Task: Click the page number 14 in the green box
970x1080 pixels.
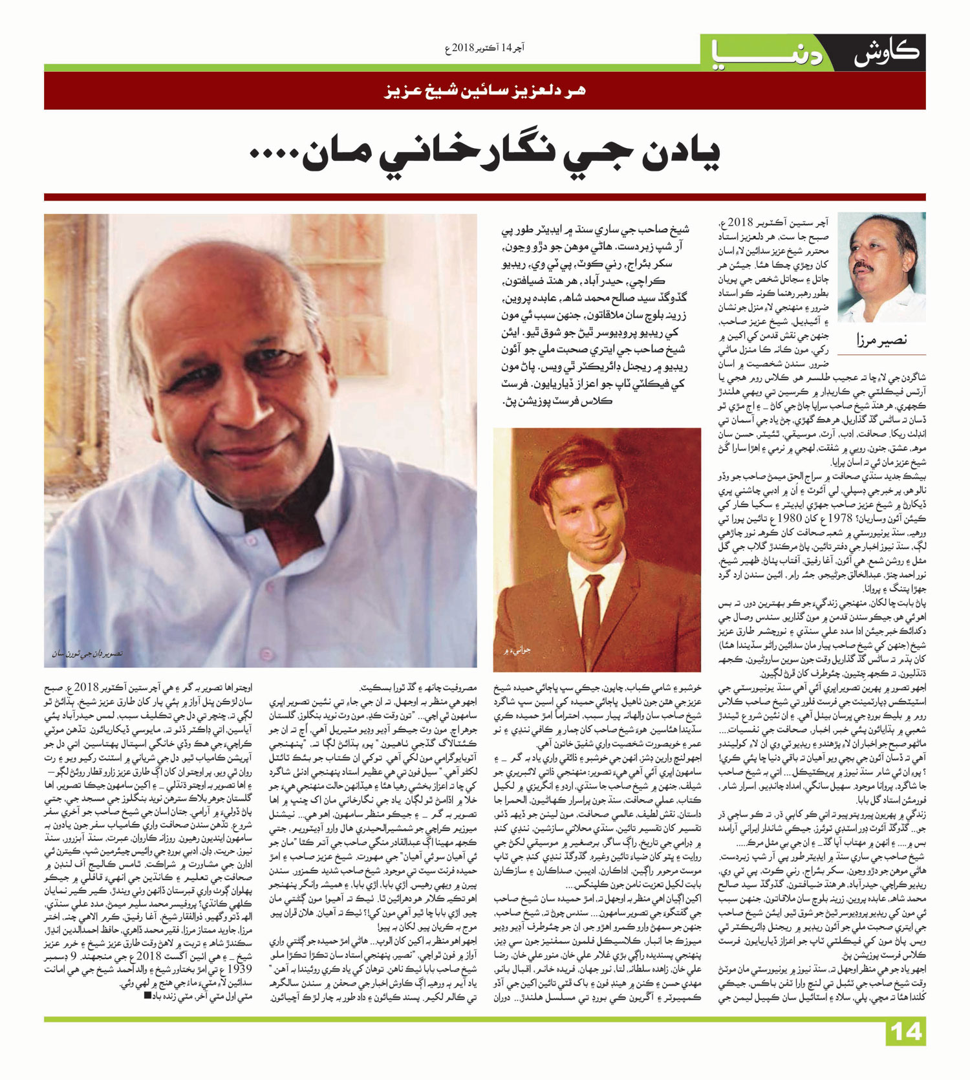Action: (905, 1031)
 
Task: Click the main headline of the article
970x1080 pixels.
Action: (485, 154)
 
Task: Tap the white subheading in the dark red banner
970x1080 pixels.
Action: (485, 91)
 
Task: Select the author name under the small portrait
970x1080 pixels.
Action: (881, 339)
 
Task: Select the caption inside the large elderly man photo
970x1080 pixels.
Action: (87, 654)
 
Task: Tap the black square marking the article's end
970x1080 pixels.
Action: (147, 996)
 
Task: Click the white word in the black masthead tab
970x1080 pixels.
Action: (886, 53)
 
